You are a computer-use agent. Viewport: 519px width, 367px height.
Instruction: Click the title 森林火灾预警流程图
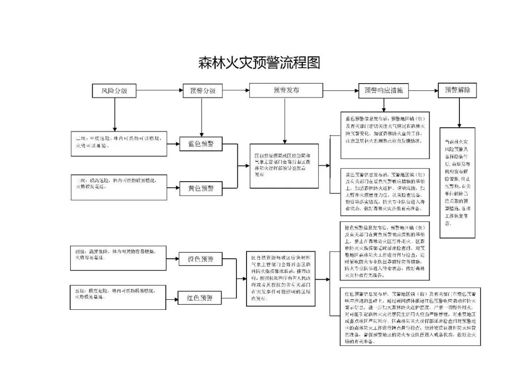point(259,62)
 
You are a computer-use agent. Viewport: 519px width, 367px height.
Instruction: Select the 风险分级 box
point(114,90)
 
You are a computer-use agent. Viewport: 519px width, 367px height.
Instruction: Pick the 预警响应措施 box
point(383,90)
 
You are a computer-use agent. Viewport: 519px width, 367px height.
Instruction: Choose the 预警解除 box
point(457,90)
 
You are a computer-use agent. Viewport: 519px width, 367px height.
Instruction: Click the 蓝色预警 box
point(201,144)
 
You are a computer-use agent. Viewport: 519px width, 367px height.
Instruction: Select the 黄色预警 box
point(201,189)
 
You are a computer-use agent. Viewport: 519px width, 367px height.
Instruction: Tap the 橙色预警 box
point(200,259)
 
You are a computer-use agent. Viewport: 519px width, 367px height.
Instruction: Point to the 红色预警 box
point(200,298)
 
